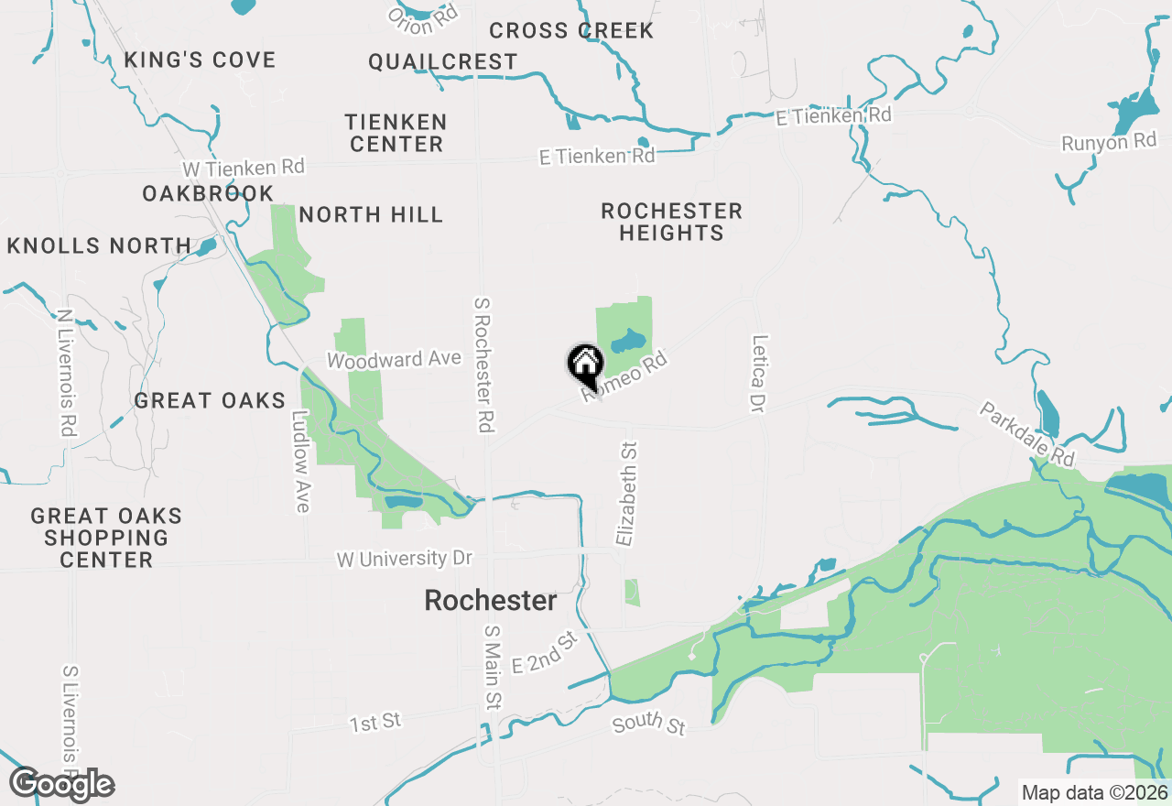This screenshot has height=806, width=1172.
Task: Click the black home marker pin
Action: pos(585,365)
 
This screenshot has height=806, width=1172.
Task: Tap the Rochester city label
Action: pos(491,601)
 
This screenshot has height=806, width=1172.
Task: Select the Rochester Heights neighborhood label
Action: pos(671,222)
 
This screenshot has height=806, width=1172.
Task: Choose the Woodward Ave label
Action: pos(394,360)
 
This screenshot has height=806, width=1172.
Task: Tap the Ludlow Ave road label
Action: pos(302,461)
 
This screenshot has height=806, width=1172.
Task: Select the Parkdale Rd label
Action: pos(1025,433)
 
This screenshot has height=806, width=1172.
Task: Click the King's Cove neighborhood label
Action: pos(200,60)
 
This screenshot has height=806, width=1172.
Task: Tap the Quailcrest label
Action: pos(443,62)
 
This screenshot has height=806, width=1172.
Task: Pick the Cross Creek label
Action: pos(571,31)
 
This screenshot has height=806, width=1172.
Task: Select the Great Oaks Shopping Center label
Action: pos(106,538)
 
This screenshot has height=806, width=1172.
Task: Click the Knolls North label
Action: pos(99,245)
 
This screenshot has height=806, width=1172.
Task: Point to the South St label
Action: pos(648,724)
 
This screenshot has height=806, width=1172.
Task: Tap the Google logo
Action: pos(61,784)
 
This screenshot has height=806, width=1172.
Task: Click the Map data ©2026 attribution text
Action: pos(1094,793)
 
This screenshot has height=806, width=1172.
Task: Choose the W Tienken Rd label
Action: pos(243,169)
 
